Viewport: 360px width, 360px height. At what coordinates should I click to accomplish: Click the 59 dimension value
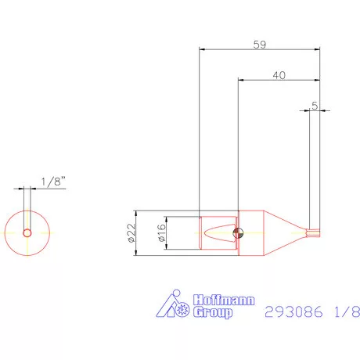[259, 45]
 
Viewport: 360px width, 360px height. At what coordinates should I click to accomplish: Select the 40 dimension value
[279, 75]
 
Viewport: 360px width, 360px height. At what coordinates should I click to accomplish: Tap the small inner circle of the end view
[27, 232]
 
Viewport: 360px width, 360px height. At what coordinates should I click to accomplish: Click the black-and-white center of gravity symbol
[238, 232]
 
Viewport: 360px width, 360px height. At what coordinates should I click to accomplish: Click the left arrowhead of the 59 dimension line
[203, 49]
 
